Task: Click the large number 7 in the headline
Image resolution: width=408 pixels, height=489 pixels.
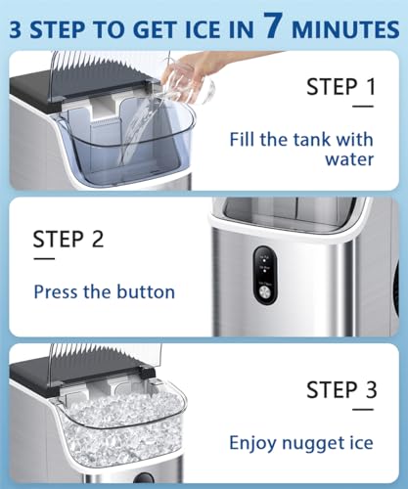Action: [272, 25]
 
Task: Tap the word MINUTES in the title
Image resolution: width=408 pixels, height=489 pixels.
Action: [345, 29]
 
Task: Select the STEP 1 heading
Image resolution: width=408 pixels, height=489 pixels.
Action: [341, 87]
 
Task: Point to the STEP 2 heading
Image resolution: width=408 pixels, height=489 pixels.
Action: [68, 240]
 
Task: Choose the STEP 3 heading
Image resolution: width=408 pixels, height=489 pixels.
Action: [341, 390]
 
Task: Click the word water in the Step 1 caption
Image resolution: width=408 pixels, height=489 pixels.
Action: [349, 159]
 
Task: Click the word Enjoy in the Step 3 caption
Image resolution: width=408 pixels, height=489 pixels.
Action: [253, 443]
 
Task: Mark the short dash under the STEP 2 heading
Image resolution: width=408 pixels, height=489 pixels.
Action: [44, 259]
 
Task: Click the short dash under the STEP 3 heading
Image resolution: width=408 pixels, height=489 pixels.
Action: [363, 410]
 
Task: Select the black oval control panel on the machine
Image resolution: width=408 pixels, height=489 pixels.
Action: [265, 275]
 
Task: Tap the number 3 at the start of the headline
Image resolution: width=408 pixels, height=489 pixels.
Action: [16, 29]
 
